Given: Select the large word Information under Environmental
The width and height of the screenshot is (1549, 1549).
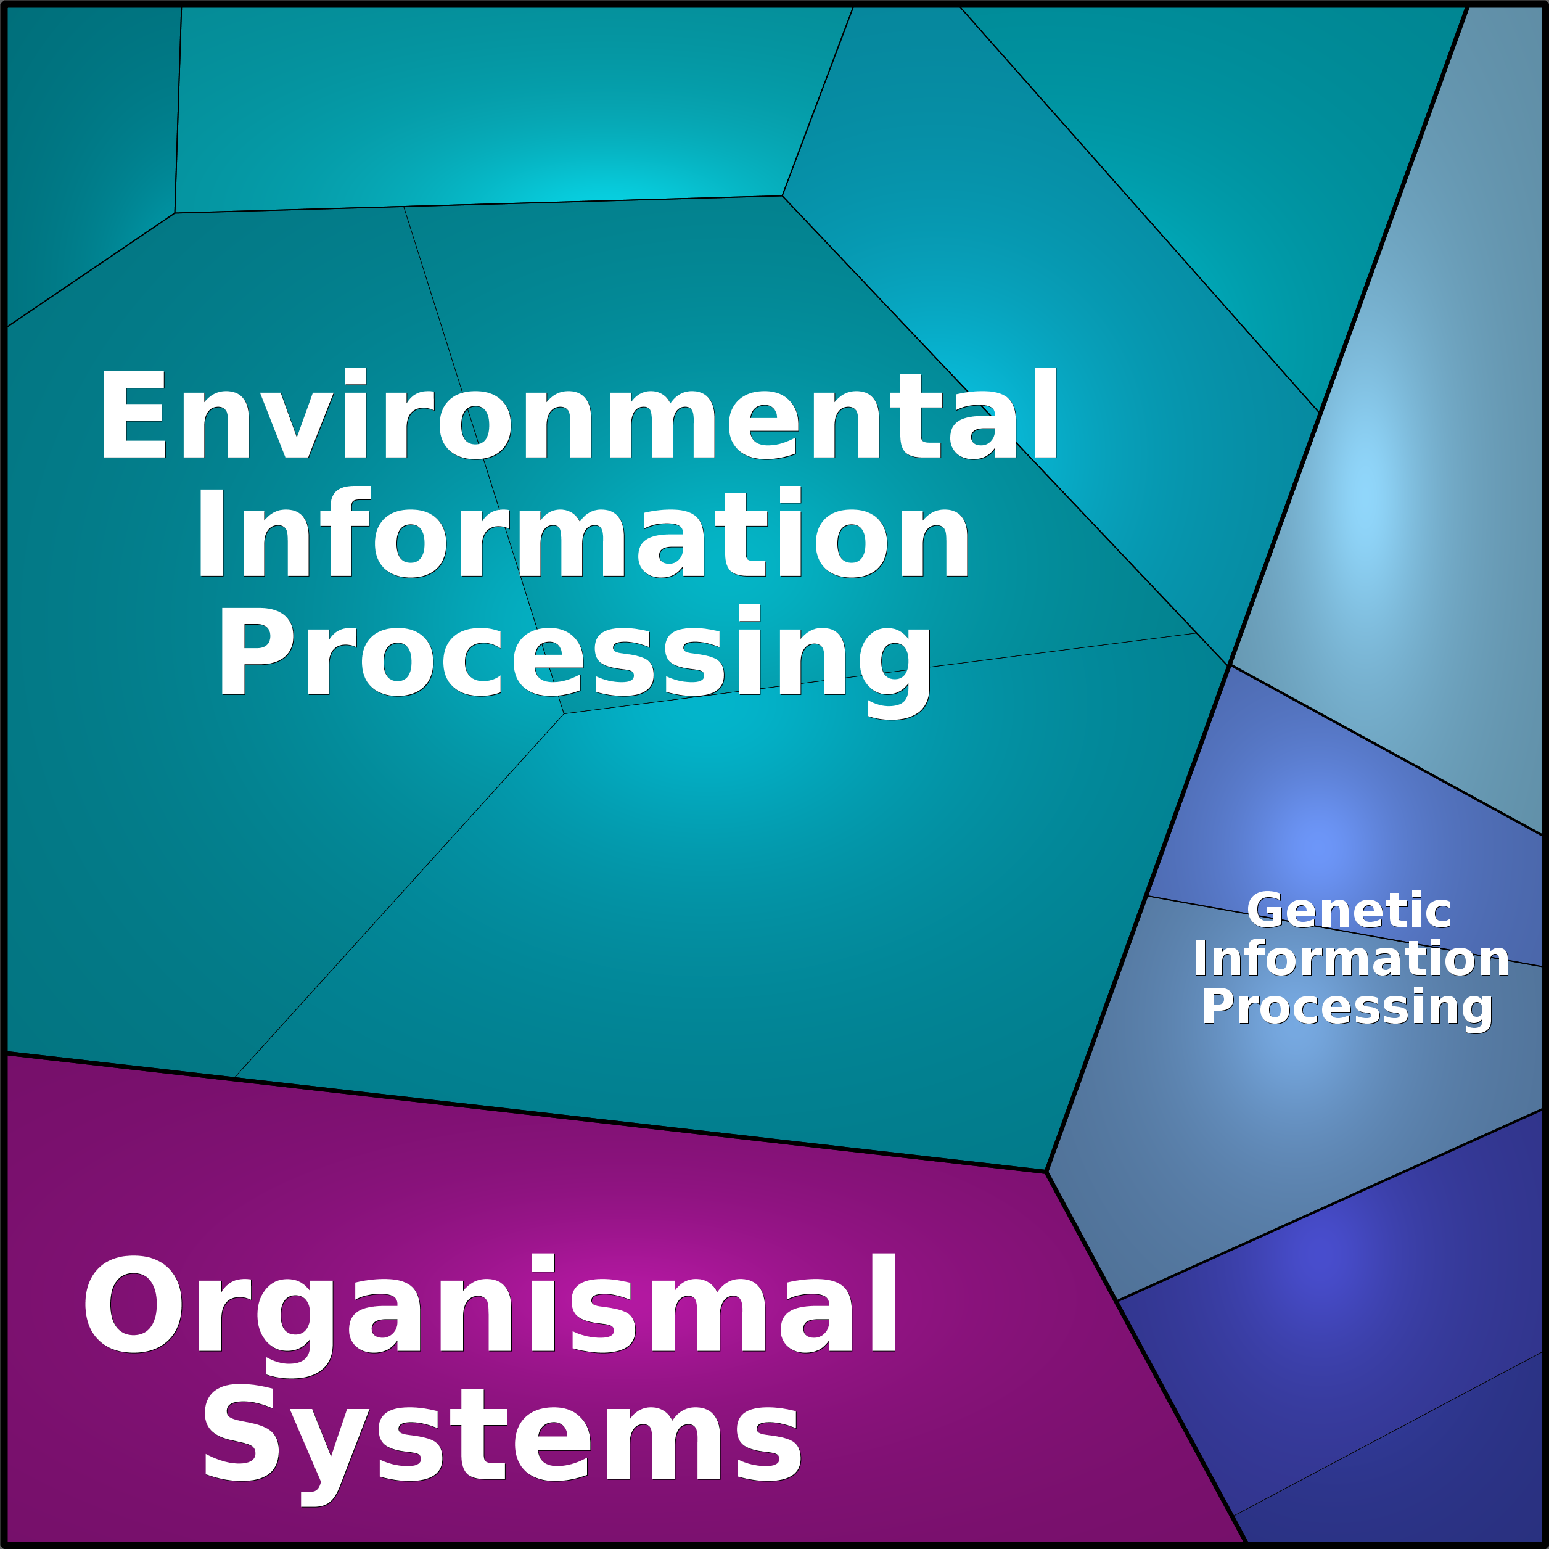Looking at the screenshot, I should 583,533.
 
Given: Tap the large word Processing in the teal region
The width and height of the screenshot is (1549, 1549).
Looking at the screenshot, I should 574,654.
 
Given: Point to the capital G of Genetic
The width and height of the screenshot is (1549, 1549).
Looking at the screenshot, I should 1265,911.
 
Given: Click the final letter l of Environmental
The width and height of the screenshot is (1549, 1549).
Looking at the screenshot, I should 1045,414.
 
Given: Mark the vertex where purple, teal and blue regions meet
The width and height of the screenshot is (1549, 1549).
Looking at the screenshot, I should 1047,1172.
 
